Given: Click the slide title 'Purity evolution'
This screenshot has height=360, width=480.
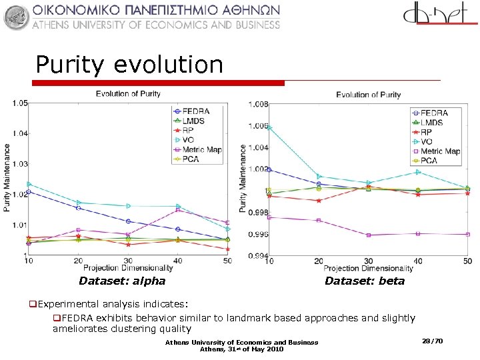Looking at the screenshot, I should tap(129, 65).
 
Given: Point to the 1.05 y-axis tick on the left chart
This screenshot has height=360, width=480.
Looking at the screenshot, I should tap(19, 103).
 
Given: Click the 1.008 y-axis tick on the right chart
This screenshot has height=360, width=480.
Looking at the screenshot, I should tap(258, 105).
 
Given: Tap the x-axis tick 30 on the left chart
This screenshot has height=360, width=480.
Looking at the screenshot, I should tap(128, 261).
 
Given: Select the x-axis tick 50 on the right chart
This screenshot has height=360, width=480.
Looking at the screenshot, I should tap(467, 261).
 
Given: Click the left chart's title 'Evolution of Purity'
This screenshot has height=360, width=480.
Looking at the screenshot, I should tap(128, 94).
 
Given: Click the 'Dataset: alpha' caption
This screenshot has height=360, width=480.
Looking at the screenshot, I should tap(122, 281).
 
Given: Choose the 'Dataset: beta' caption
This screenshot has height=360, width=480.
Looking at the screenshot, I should tap(365, 281).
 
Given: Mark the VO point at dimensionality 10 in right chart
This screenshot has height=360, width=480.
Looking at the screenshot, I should tap(269, 127).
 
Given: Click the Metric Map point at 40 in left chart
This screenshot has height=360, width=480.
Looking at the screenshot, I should tap(178, 210).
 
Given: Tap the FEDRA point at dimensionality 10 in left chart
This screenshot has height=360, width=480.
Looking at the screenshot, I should tap(29, 192).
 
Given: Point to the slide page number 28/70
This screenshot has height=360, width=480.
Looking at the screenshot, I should tap(433, 341).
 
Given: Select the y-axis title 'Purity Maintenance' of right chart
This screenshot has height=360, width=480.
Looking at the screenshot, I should tap(243, 179).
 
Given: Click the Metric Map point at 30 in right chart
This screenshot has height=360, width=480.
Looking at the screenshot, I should tap(368, 235).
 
